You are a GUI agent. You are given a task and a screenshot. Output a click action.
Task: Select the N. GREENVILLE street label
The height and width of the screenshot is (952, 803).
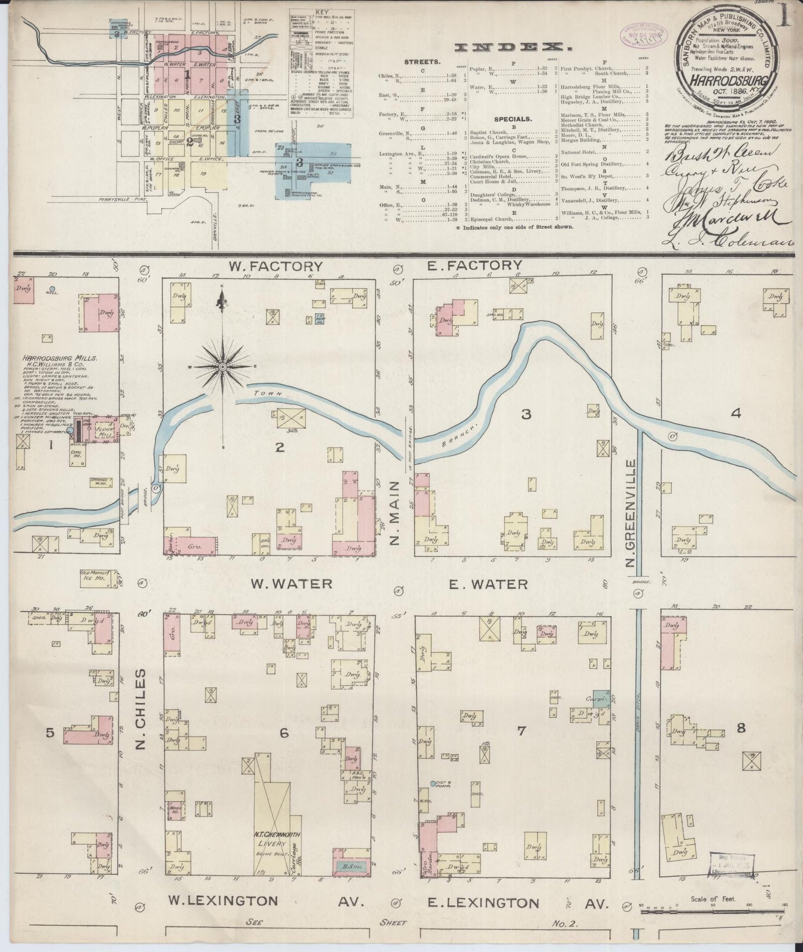pyautogui.click(x=630, y=514)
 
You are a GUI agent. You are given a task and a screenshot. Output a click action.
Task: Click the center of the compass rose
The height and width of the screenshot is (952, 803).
pyautogui.click(x=222, y=367)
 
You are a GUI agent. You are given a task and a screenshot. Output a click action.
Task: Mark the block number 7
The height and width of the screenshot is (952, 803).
pyautogui.click(x=521, y=731)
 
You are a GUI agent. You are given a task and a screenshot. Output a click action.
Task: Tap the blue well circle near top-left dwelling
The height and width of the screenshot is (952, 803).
pyautogui.click(x=52, y=289)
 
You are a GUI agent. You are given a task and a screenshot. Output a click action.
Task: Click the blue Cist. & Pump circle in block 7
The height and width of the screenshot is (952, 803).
pyautogui.click(x=433, y=783)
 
